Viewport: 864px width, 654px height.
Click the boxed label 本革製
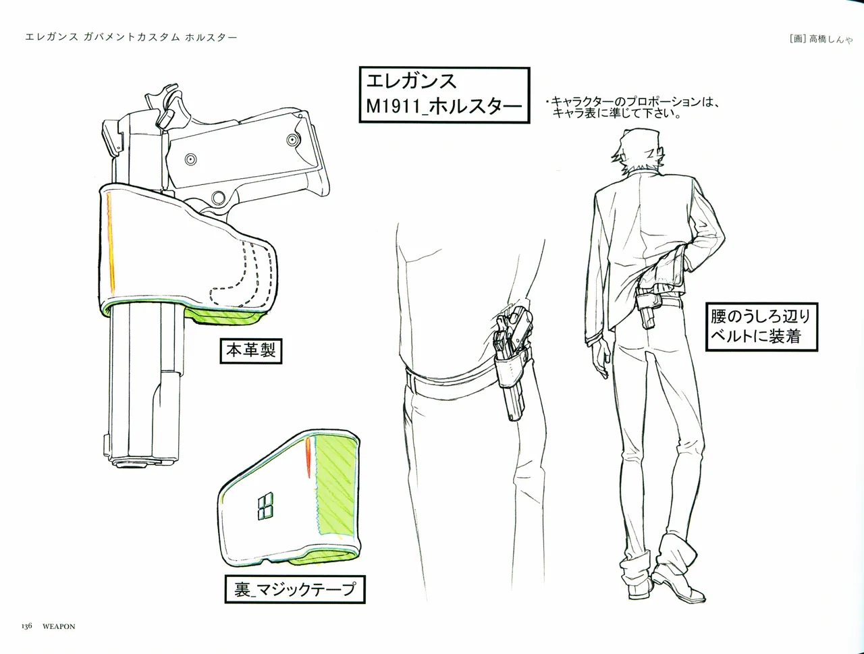tap(250, 350)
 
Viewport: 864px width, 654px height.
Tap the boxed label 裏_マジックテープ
tap(295, 589)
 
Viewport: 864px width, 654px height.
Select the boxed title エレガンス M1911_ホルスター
tap(444, 95)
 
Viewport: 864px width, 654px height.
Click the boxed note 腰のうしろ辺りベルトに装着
tap(761, 327)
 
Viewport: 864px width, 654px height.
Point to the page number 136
tap(27, 626)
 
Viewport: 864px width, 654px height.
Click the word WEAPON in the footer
tap(59, 626)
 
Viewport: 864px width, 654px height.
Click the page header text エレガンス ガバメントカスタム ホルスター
tap(131, 37)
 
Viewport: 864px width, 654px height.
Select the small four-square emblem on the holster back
tap(265, 506)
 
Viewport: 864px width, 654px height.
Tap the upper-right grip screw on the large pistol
tap(292, 139)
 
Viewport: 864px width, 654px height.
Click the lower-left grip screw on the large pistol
tap(190, 159)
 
